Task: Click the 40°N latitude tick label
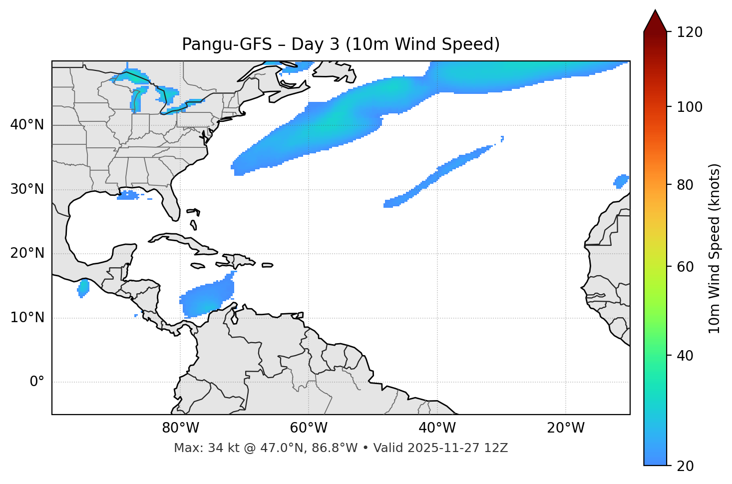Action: [27, 125]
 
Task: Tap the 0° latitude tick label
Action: [37, 382]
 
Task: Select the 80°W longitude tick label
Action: [180, 428]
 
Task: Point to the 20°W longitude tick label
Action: [566, 428]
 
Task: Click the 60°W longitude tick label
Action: [309, 428]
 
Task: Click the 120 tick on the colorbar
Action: [690, 32]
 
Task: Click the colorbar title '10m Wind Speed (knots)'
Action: [715, 248]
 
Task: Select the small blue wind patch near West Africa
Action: [621, 181]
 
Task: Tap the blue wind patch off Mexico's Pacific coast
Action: [83, 288]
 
